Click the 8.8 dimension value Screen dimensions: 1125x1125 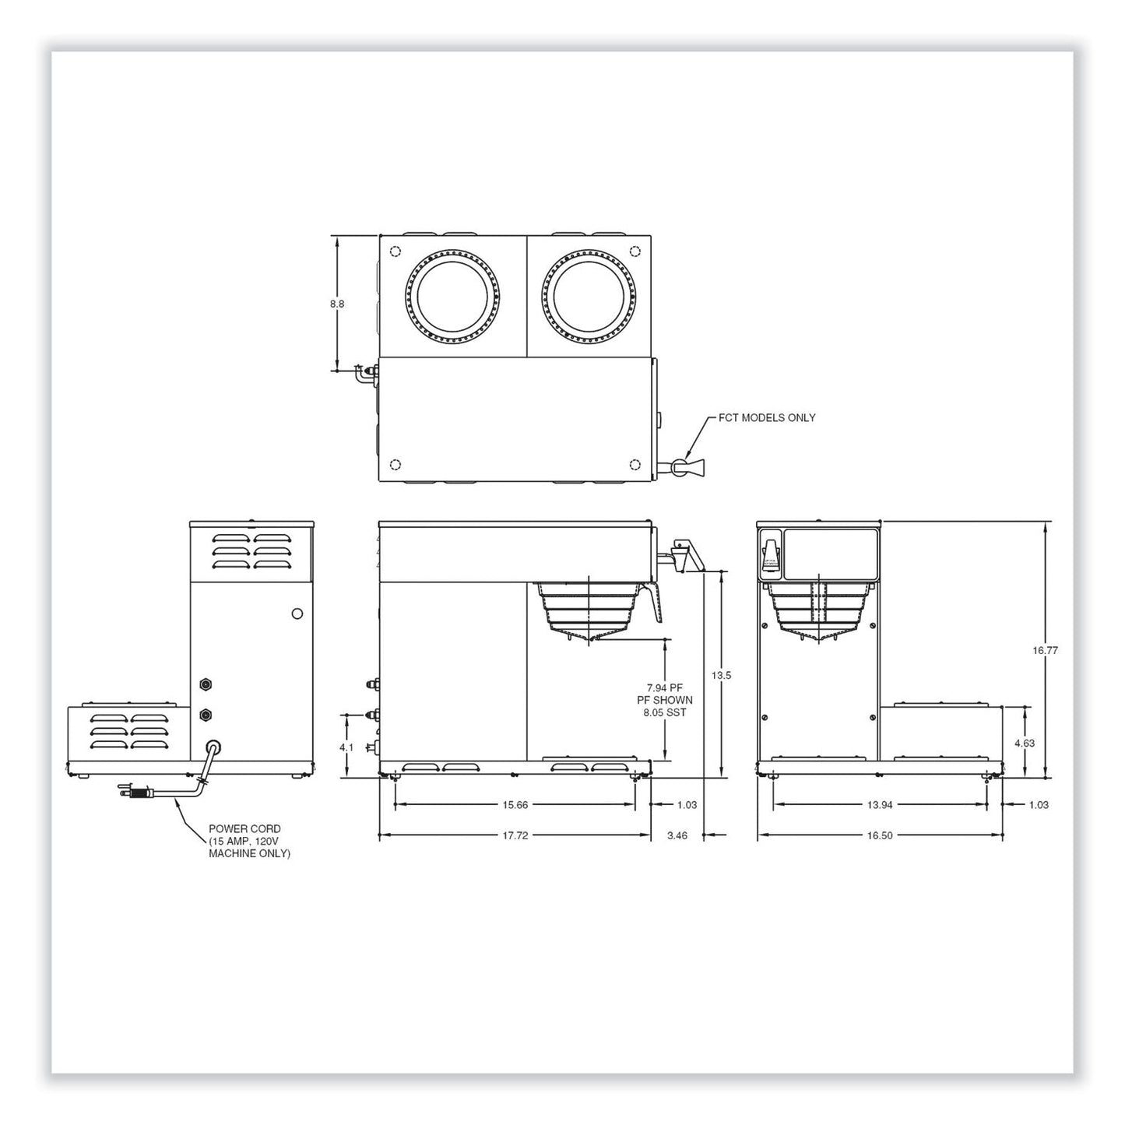tap(337, 304)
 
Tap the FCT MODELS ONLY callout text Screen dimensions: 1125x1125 tap(767, 417)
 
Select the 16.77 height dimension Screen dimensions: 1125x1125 tap(1045, 650)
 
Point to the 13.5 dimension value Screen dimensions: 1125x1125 tap(721, 675)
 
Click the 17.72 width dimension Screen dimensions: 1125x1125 tap(515, 835)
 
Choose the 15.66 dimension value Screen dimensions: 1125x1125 tap(515, 804)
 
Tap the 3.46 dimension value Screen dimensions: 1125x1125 tap(677, 835)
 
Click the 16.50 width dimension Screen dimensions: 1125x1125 tap(879, 835)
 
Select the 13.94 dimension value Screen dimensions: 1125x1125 tap(879, 804)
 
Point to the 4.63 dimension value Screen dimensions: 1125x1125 tap(1025, 744)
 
